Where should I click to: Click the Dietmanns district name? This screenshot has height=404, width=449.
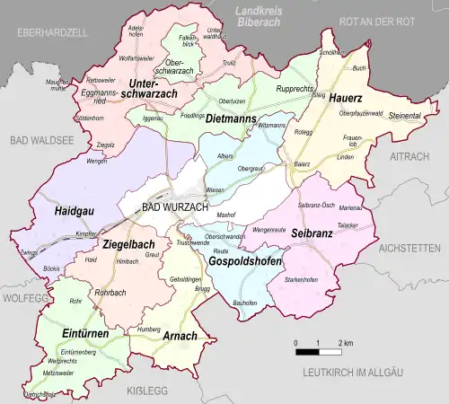point(231,119)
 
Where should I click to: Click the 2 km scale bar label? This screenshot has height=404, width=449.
point(346,344)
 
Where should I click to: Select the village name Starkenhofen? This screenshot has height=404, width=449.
point(302,280)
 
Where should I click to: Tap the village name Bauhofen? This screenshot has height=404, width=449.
point(245,303)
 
